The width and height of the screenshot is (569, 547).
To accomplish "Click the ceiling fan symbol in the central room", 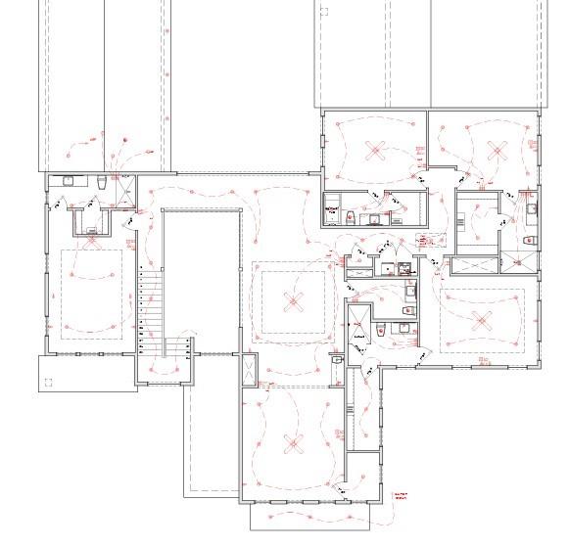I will (290, 301).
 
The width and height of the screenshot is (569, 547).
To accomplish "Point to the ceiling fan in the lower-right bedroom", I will (481, 318).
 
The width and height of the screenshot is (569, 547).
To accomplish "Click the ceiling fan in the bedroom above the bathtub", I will (373, 150).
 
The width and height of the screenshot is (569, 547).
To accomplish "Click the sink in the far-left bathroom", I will (69, 181).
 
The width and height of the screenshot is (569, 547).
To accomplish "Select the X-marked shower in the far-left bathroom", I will (124, 188).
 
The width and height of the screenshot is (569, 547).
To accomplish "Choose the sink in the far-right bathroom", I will (530, 207).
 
